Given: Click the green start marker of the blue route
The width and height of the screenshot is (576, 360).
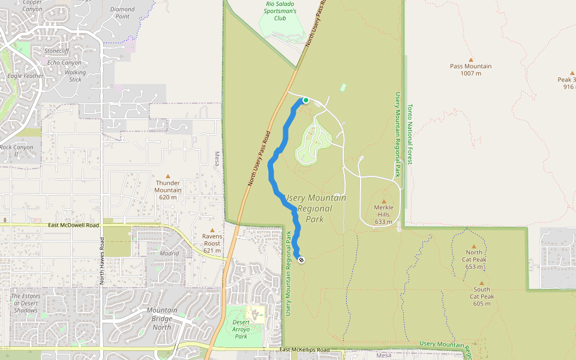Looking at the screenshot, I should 305,100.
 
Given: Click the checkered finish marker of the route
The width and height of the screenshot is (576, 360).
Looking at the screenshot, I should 301,260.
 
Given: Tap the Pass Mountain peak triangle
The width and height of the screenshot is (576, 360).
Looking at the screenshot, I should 471,59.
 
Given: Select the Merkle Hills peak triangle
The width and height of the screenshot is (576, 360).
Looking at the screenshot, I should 384,201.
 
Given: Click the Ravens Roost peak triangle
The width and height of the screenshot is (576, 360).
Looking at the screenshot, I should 212,230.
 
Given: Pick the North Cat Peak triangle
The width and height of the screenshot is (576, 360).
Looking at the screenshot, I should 474,246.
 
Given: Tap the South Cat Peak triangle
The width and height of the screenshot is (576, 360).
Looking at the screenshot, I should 481,283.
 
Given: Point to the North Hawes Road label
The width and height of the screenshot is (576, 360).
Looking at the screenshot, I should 101,261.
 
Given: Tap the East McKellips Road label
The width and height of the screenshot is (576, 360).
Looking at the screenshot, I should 305,349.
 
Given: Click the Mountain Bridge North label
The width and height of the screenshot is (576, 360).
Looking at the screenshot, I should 162,319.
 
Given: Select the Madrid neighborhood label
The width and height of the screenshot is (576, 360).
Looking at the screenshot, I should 170,253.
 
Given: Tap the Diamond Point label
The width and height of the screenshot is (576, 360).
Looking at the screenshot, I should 122,13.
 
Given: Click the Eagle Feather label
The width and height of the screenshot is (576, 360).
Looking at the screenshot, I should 25,76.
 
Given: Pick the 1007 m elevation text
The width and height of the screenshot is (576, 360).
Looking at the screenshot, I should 470,73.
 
